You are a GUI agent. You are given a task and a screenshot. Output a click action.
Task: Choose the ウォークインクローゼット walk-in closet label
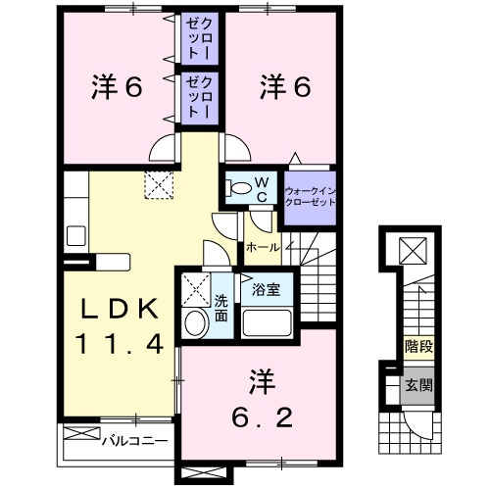click(x=309, y=193)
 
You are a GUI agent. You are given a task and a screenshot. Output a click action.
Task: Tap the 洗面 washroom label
click(x=221, y=308)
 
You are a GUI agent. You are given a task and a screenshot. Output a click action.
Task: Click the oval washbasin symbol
click(x=194, y=323)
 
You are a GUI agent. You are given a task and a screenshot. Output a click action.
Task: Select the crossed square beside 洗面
click(x=194, y=289)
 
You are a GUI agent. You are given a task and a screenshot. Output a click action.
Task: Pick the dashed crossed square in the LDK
click(x=157, y=183)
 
